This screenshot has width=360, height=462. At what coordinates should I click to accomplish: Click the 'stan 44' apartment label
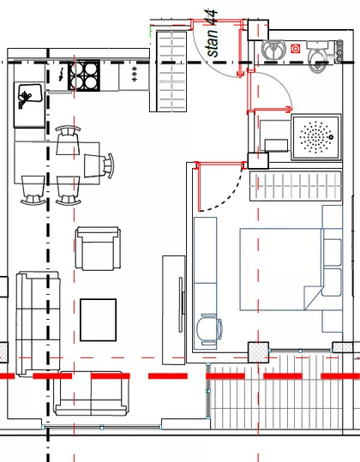pyautogui.click(x=213, y=33)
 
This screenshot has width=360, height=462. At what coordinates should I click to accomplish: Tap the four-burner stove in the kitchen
pyautogui.click(x=84, y=75)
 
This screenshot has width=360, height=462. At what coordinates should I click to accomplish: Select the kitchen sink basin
pyautogui.click(x=29, y=94)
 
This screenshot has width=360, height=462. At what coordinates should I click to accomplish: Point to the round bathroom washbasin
pyautogui.click(x=274, y=49)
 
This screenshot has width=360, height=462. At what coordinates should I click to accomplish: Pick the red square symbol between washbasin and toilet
pyautogui.click(x=295, y=49)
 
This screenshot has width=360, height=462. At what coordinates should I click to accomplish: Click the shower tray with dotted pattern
pyautogui.click(x=316, y=137)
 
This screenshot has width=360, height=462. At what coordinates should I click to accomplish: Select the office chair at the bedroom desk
pyautogui.click(x=209, y=329)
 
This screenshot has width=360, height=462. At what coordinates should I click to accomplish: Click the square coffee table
pyautogui.click(x=98, y=320)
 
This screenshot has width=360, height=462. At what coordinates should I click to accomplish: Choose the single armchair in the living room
pyautogui.click(x=98, y=249)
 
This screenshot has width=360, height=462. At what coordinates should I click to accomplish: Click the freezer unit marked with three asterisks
pyautogui.click(x=134, y=76)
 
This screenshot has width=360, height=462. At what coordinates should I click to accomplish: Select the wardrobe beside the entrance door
pyautogui.click(x=171, y=71)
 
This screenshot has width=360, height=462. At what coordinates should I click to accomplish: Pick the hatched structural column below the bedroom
pyautogui.click(x=258, y=352)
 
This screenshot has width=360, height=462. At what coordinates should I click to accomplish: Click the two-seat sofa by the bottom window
pyautogui.click(x=92, y=393)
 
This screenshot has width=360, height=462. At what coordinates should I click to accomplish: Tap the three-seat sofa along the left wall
pyautogui.click(x=38, y=324)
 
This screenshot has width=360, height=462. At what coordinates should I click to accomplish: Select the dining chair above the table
pyautogui.click(x=68, y=141)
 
